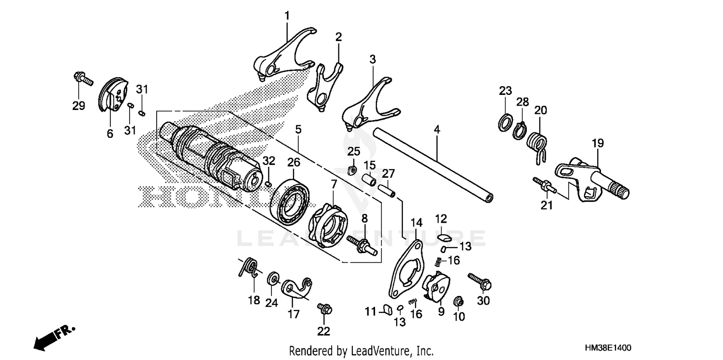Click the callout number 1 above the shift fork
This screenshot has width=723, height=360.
pos(287,16)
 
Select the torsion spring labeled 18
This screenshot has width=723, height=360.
pos(248,268)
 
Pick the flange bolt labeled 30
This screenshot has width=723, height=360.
pos(479,281)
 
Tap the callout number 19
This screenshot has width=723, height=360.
pos(598,143)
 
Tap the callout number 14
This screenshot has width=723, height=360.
pos(416,223)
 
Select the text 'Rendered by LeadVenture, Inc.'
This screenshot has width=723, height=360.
pos(361,350)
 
